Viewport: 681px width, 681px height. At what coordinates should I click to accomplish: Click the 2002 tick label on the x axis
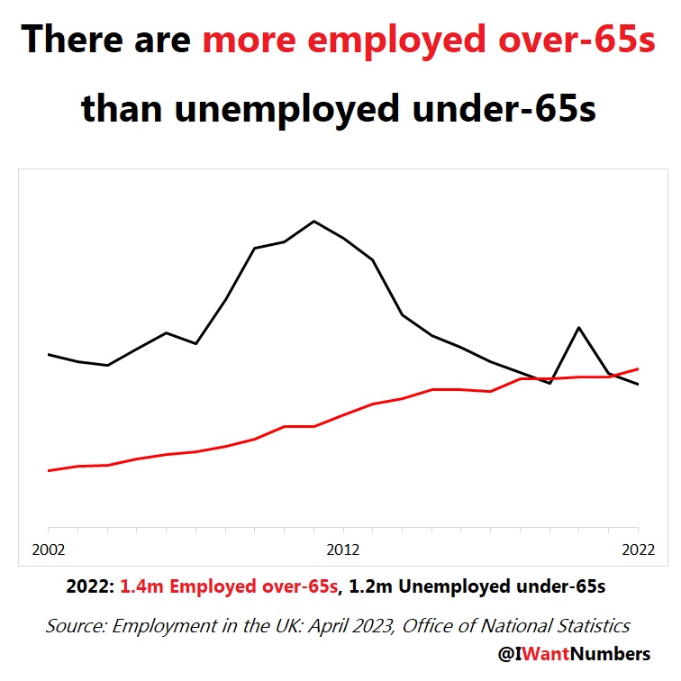(49, 549)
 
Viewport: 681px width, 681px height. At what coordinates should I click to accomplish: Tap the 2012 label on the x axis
(343, 549)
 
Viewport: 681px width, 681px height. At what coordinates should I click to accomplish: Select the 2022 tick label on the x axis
(638, 549)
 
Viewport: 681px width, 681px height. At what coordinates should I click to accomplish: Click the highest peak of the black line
(313, 221)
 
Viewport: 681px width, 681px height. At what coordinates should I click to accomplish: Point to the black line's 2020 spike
(578, 328)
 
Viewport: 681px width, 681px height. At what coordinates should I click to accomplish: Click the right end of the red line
(638, 368)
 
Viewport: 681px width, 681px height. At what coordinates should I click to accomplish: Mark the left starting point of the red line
(49, 470)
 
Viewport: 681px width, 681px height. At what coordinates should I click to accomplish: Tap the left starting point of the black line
(49, 355)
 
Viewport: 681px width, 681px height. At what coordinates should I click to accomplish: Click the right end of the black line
(638, 385)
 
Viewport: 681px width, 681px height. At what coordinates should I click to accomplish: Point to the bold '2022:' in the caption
(90, 586)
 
